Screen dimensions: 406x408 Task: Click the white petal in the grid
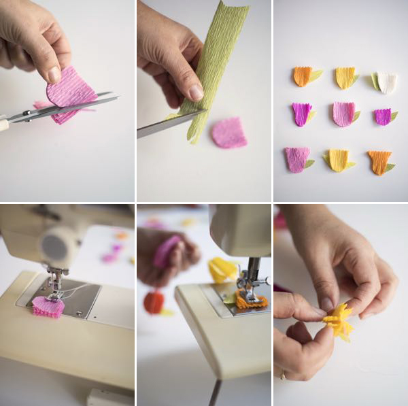pyautogui.click(x=387, y=82)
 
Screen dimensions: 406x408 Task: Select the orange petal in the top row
pyautogui.click(x=303, y=75)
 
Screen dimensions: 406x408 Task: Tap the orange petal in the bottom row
pyautogui.click(x=379, y=162)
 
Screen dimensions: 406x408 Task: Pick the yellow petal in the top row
pyautogui.click(x=345, y=78)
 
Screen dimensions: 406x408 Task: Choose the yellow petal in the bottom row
pyautogui.click(x=338, y=160)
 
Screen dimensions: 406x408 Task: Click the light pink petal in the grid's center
pyautogui.click(x=343, y=114)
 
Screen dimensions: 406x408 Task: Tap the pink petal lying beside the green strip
pyautogui.click(x=228, y=133)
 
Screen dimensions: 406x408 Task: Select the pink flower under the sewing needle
pyautogui.click(x=48, y=306)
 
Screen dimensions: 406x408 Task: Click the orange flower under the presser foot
pyautogui.click(x=251, y=301)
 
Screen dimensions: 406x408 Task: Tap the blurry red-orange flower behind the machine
pyautogui.click(x=154, y=302)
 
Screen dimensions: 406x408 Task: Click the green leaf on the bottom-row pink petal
pyautogui.click(x=309, y=163)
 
